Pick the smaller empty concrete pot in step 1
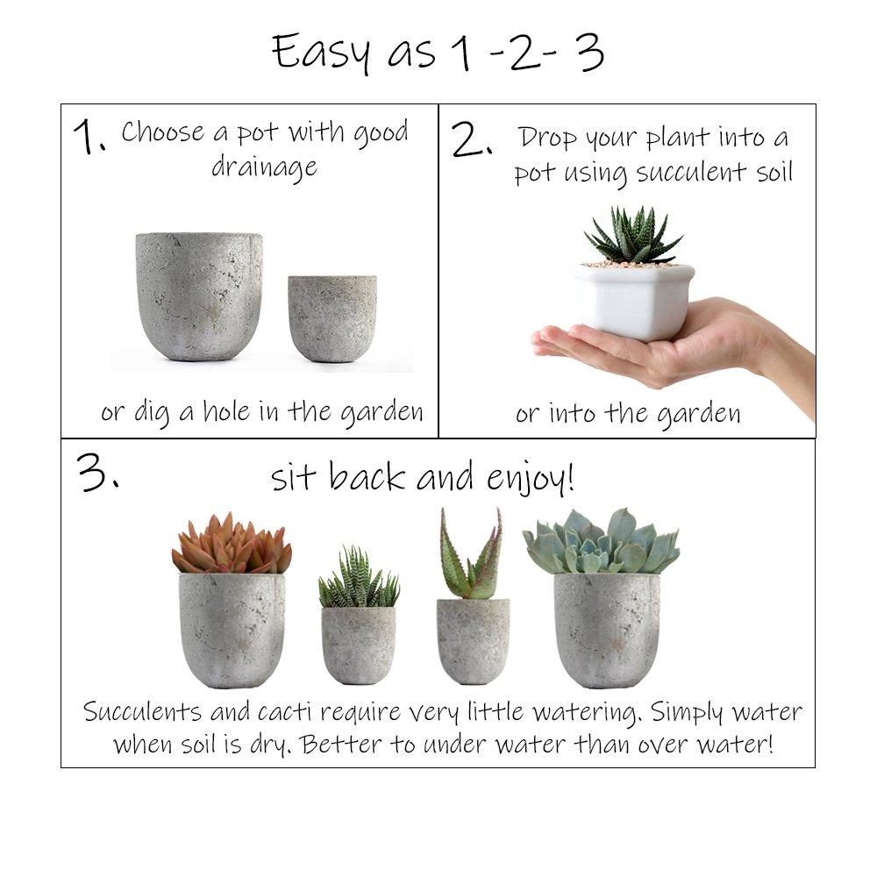(332, 317)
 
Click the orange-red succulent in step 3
(232, 545)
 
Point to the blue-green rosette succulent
(602, 542)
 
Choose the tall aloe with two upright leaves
(472, 557)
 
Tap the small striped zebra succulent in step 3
(358, 579)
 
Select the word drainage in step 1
(264, 167)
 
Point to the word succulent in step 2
(684, 173)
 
